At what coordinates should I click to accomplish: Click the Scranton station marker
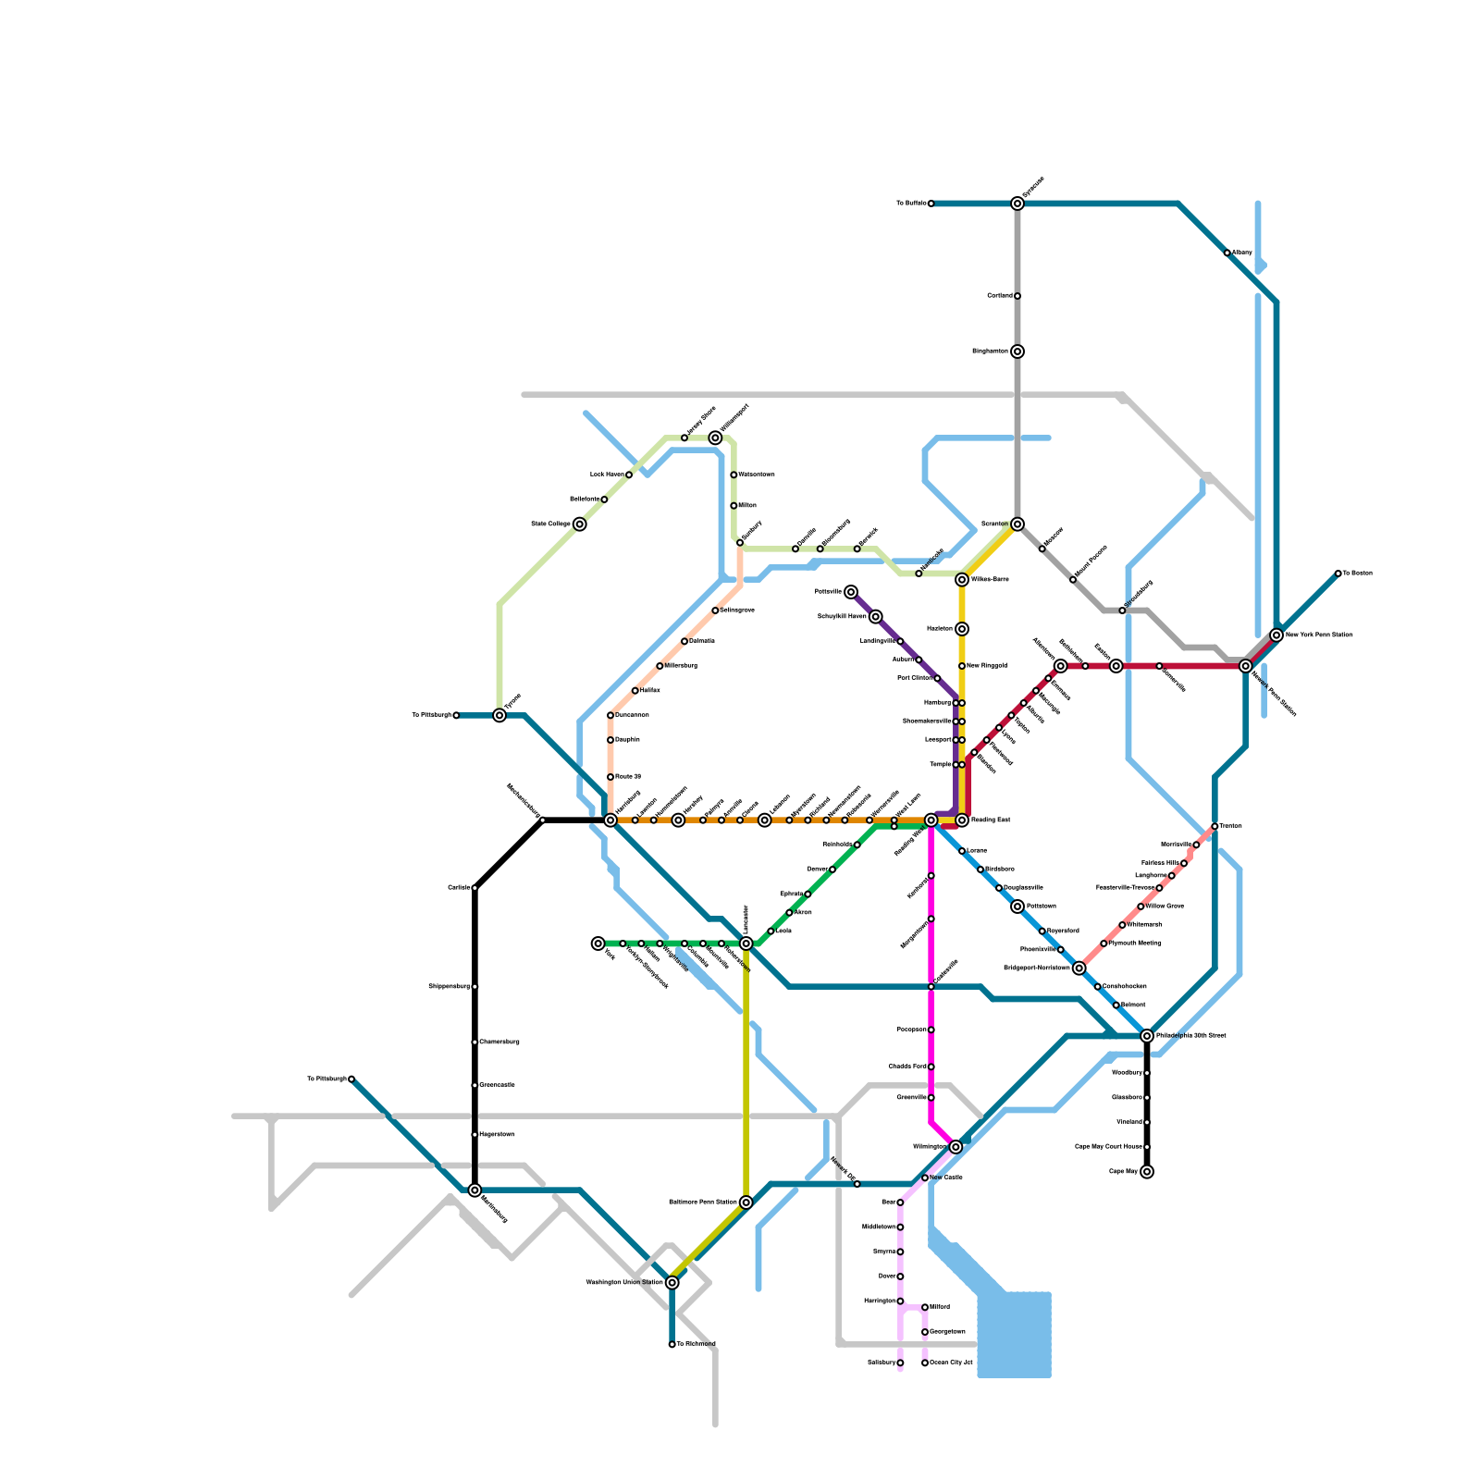1017,524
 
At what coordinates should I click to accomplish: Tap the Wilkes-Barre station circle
962,580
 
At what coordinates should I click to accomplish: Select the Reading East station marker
962,820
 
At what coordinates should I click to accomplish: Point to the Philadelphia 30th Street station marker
1147,1036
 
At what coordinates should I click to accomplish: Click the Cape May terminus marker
1147,1172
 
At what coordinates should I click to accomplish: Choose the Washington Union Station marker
672,1283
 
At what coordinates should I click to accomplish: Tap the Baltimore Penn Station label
703,1202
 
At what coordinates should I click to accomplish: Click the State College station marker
580,524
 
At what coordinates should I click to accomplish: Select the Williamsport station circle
715,438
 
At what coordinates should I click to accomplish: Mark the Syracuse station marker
1017,203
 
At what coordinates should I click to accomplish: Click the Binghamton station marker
1017,351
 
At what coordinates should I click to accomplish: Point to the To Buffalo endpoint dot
931,203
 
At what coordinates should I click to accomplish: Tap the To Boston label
1357,573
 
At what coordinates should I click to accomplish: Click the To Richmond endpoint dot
672,1344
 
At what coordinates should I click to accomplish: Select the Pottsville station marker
851,592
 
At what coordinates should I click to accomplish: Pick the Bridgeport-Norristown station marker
1079,968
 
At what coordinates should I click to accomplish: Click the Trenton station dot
1215,826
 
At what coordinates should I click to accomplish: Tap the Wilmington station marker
956,1147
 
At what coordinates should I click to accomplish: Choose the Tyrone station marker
499,715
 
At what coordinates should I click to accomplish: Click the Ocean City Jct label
951,1363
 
